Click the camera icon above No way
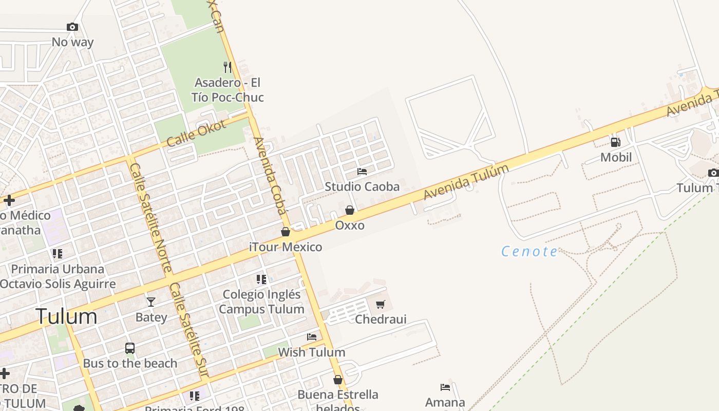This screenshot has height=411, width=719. (72, 27)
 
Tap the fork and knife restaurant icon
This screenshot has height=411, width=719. (228, 67)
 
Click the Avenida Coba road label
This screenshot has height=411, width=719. (270, 175)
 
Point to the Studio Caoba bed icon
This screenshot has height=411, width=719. (362, 171)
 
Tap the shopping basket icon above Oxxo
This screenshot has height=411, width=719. (350, 210)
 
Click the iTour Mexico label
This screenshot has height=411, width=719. (286, 247)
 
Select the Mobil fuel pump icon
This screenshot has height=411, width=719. (615, 142)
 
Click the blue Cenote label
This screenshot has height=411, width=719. (529, 251)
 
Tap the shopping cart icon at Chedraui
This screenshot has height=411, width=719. (381, 304)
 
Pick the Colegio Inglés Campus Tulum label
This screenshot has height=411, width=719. (262, 302)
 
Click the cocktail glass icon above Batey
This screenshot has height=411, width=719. (151, 302)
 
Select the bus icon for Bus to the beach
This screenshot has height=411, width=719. (130, 348)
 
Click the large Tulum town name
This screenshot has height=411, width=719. (66, 316)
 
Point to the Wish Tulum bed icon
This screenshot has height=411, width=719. (312, 337)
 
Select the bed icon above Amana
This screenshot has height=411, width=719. (445, 387)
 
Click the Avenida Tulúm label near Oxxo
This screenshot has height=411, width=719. (466, 181)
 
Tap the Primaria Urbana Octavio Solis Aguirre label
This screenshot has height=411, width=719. (58, 276)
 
